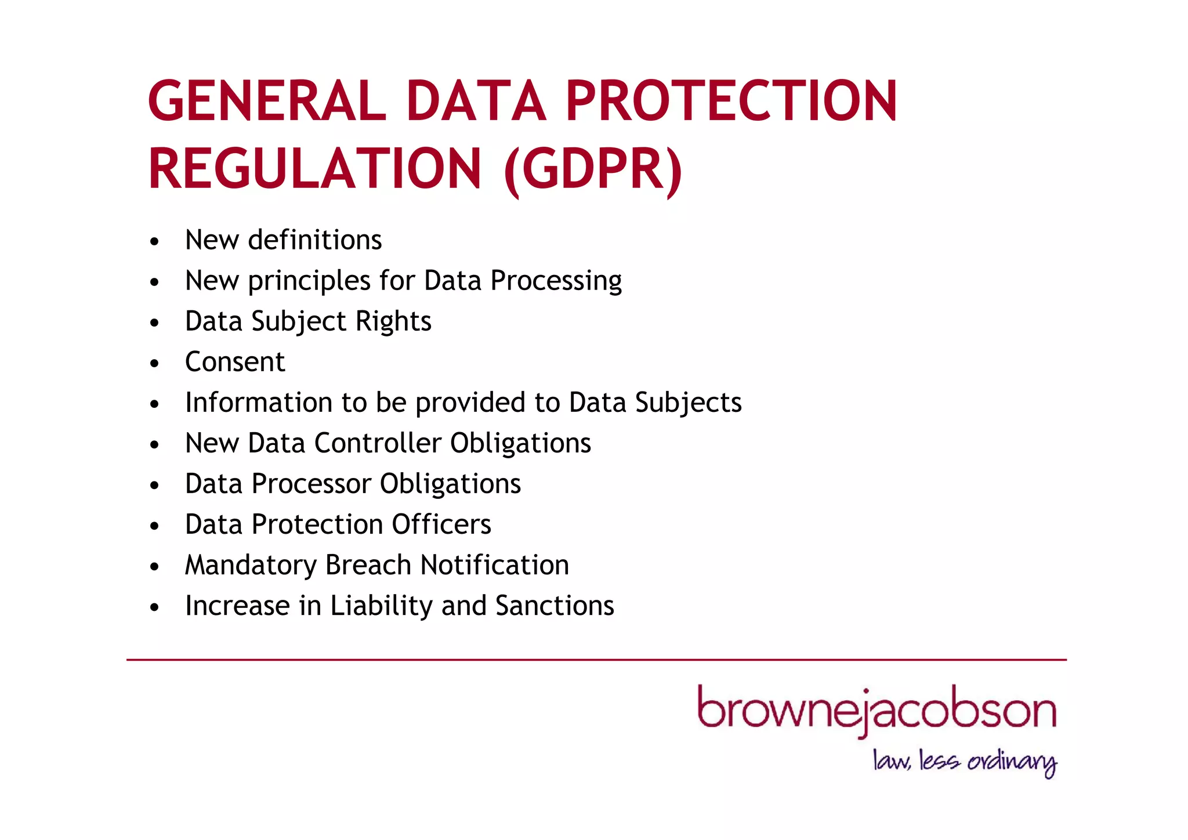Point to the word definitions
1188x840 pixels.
tap(315, 240)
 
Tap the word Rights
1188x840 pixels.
tap(393, 322)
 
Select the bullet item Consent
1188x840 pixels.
tap(235, 362)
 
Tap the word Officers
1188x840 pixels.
tap(441, 524)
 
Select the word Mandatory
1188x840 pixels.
tap(251, 566)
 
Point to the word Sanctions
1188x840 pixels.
tap(555, 606)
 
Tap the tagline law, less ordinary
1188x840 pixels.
tap(965, 761)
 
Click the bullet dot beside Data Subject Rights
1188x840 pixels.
tap(154, 323)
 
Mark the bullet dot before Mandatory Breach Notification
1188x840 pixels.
tap(154, 566)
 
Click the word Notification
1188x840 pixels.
tap(494, 565)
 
